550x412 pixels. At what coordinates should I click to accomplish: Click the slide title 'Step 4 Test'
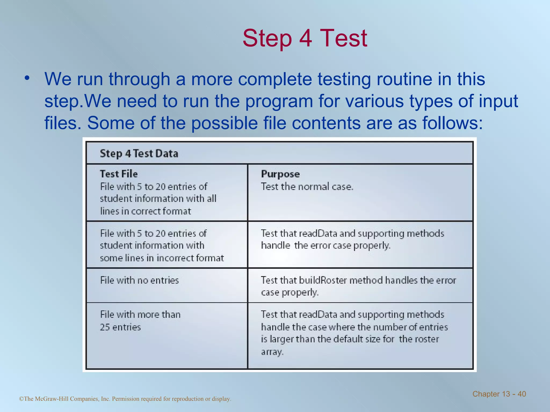tap(305, 38)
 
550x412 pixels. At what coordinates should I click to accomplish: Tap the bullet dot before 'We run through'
tap(27, 78)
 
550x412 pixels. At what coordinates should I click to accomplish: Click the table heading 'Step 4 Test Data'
tap(139, 154)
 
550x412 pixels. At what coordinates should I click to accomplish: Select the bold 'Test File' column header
tap(119, 174)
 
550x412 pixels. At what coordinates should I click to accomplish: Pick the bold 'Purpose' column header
tap(280, 174)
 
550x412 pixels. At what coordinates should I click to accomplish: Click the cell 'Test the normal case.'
tap(307, 186)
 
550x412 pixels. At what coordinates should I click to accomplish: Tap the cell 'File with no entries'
tap(139, 280)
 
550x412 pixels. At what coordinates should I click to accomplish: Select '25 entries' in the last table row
tap(120, 327)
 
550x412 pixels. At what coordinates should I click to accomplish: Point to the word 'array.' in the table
tap(272, 352)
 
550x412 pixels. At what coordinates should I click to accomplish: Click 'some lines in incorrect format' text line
tap(162, 258)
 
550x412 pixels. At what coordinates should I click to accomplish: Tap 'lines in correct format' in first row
tap(145, 211)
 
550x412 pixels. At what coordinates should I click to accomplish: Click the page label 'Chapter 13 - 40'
tap(499, 394)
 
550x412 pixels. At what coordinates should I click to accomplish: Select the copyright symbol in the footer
tap(21, 399)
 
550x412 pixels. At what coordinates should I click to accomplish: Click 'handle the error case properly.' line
tap(325, 246)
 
